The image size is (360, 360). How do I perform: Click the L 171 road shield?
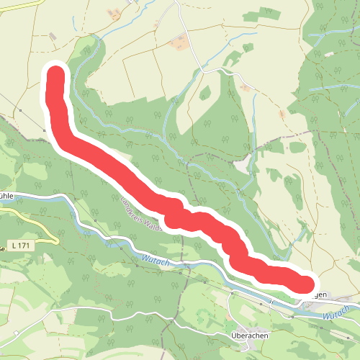pyautogui.click(x=21, y=246)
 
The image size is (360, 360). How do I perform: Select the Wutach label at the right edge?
pyautogui.click(x=336, y=314)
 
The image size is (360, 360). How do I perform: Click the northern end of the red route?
pyautogui.click(x=55, y=74)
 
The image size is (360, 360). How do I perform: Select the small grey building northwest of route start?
pyautogui.click(x=53, y=36)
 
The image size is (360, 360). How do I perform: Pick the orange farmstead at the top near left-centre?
pyautogui.click(x=114, y=14)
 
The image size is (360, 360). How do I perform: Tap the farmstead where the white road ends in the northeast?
pyautogui.click(x=247, y=88)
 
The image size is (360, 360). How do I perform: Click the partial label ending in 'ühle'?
pyautogui.click(x=6, y=195)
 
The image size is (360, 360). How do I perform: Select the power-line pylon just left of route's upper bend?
pyautogui.click(x=44, y=130)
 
